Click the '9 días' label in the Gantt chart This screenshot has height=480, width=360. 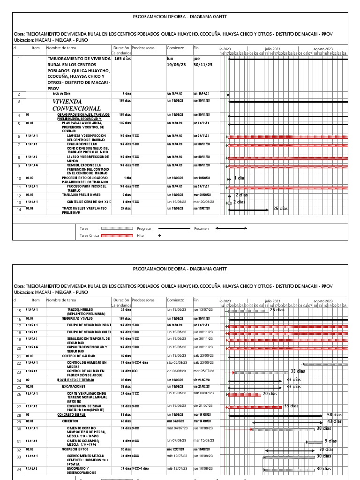[330, 441]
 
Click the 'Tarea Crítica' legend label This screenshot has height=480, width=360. [90, 236]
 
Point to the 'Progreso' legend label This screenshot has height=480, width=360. [144, 229]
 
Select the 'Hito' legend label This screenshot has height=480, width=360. [140, 236]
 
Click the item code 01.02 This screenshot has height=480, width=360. [30, 178]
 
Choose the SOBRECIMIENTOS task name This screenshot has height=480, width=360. [75, 449]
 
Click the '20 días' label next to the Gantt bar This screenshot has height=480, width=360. [270, 394]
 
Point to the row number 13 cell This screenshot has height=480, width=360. [19, 202]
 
